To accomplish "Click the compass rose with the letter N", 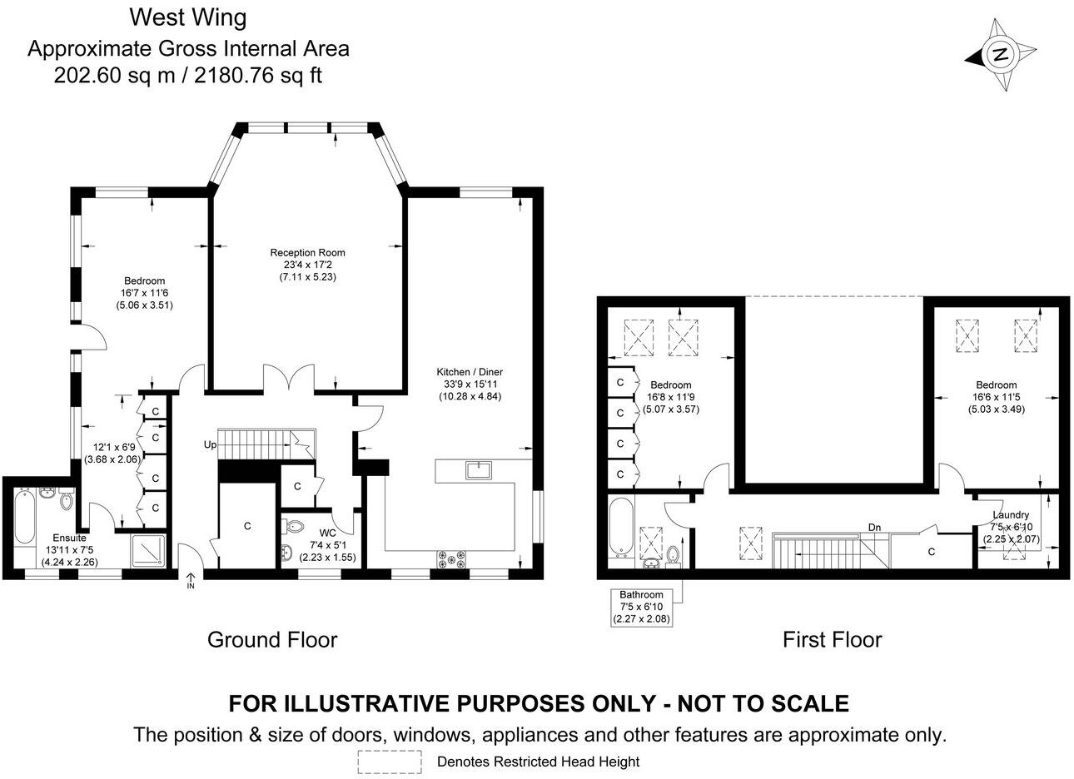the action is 1000,55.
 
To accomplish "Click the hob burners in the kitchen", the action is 450,559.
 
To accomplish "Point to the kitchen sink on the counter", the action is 479,470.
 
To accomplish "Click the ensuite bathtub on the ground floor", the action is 24,516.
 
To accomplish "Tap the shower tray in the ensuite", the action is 149,551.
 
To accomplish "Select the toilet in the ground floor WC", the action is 294,527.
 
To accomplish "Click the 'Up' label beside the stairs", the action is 210,445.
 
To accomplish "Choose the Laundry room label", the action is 1011,515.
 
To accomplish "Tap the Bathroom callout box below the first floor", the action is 641,608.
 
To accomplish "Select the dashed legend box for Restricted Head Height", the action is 390,762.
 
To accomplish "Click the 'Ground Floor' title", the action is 272,640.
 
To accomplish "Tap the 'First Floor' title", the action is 833,640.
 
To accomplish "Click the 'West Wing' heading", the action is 188,17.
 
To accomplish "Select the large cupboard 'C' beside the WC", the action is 247,526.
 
